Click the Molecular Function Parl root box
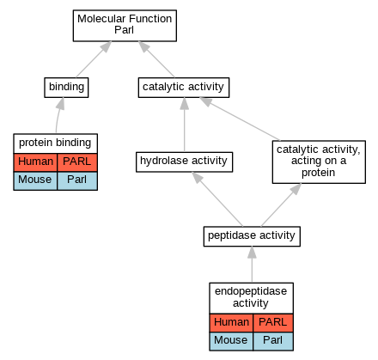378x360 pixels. (x=125, y=26)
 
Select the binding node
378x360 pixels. (x=66, y=88)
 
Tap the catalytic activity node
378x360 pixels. (x=184, y=88)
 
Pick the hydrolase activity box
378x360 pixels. (x=184, y=162)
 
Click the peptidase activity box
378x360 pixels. (x=252, y=236)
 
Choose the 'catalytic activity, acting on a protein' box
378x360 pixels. (x=319, y=162)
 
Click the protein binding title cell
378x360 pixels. (x=55, y=143)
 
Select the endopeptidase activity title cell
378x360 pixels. (x=251, y=298)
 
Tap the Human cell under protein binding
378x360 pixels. (x=35, y=162)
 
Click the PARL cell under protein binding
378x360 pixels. (x=77, y=162)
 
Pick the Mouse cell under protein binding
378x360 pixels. (x=35, y=180)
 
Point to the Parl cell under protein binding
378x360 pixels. (x=77, y=180)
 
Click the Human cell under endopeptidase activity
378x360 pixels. (x=231, y=323)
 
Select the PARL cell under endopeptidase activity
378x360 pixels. (x=273, y=323)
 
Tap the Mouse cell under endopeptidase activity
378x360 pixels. (x=231, y=341)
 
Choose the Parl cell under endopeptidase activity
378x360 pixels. (x=273, y=341)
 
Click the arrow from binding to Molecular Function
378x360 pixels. (x=94, y=59)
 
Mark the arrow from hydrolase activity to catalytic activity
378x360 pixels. (x=184, y=125)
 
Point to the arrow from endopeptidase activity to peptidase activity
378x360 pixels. (x=252, y=265)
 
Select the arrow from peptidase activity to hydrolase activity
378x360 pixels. (x=217, y=199)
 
